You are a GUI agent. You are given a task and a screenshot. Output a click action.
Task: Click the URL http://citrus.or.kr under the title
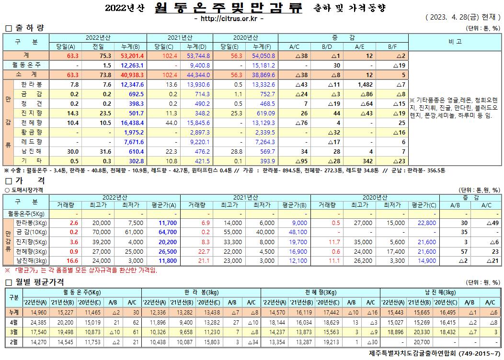tap(229, 18)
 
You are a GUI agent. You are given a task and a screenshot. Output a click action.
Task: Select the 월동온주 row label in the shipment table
tap(26, 65)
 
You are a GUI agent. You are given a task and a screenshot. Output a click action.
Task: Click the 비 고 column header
tap(455, 42)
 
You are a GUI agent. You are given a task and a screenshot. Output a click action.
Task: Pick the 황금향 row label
tap(32, 132)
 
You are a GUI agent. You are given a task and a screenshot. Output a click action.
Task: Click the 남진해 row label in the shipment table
tap(32, 151)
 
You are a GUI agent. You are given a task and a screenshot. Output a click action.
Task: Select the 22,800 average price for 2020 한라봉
tap(426, 223)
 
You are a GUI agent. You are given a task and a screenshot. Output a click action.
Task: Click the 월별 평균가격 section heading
tap(38, 281)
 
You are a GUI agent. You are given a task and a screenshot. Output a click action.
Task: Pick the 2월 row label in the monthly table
tap(13, 342)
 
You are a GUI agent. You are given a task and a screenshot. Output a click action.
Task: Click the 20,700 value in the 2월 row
tap(419, 342)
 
